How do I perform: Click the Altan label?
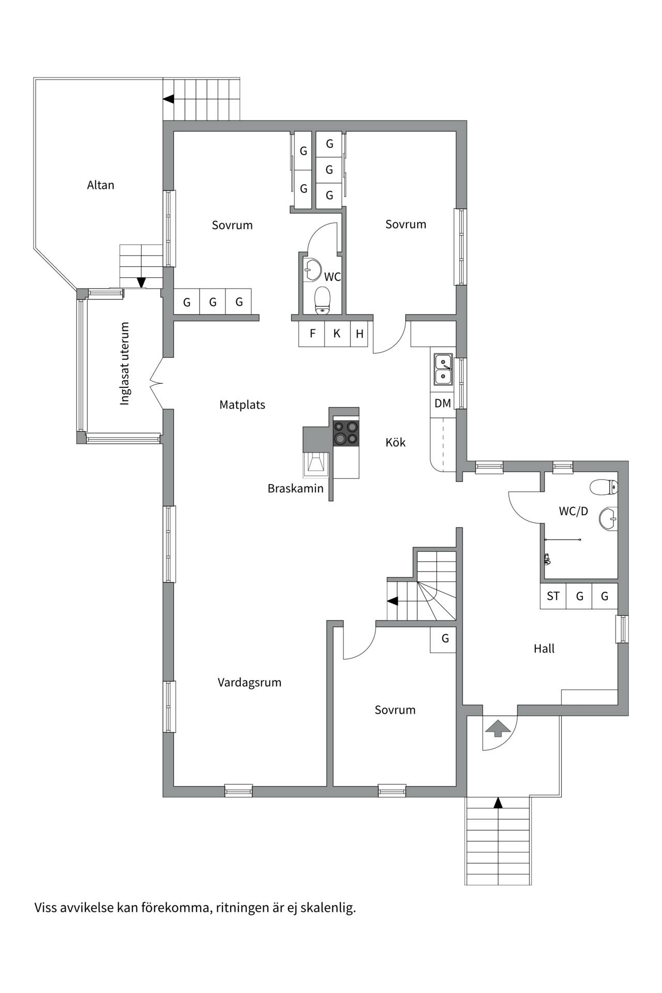(x=100, y=185)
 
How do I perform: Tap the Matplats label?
(x=242, y=405)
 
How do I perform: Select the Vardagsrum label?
(x=249, y=683)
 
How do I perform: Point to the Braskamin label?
(x=295, y=488)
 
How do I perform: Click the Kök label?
(x=396, y=442)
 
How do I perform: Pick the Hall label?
(x=544, y=649)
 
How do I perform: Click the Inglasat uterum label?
(x=125, y=364)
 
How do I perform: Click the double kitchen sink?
(x=443, y=369)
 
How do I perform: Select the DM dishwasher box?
(x=443, y=403)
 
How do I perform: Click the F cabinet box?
(x=312, y=334)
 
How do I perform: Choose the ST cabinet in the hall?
(x=553, y=596)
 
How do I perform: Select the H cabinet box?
(x=359, y=334)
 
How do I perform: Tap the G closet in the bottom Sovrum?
(x=444, y=639)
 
